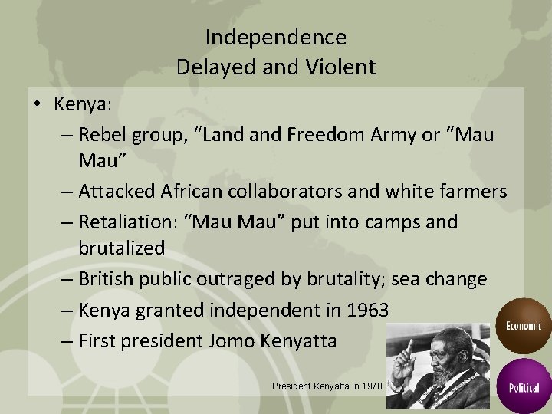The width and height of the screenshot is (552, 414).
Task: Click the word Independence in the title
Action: click(x=276, y=37)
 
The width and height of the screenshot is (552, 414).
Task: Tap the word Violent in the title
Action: click(x=342, y=67)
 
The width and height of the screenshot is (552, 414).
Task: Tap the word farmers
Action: click(x=474, y=191)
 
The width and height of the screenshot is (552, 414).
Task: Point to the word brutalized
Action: click(x=121, y=248)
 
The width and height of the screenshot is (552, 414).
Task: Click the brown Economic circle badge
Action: click(x=524, y=325)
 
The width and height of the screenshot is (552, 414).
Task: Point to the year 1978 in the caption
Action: click(x=370, y=386)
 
